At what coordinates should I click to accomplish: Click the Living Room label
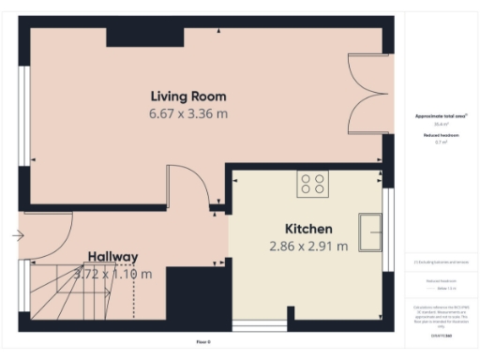pyautogui.click(x=188, y=96)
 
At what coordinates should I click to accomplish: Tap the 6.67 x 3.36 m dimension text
pyautogui.click(x=188, y=113)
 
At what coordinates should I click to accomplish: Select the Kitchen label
pyautogui.click(x=308, y=229)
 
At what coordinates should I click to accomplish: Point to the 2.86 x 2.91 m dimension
pyautogui.click(x=308, y=247)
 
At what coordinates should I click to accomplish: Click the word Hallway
pyautogui.click(x=113, y=256)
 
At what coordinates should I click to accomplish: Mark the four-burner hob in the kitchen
pyautogui.click(x=312, y=185)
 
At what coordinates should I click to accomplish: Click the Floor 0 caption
pyautogui.click(x=203, y=341)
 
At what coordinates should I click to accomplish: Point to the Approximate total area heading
pyautogui.click(x=440, y=115)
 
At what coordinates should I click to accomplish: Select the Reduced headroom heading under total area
pyautogui.click(x=440, y=136)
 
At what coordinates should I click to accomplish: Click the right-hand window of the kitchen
pyautogui.click(x=387, y=231)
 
